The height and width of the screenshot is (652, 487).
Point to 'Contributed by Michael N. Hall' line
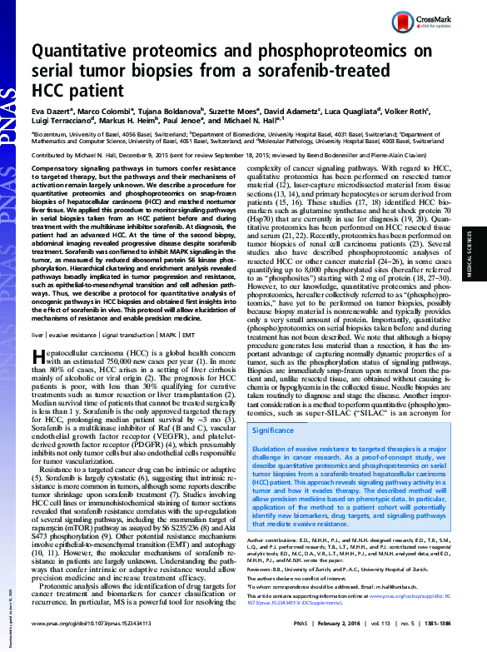[x=83, y=155]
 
